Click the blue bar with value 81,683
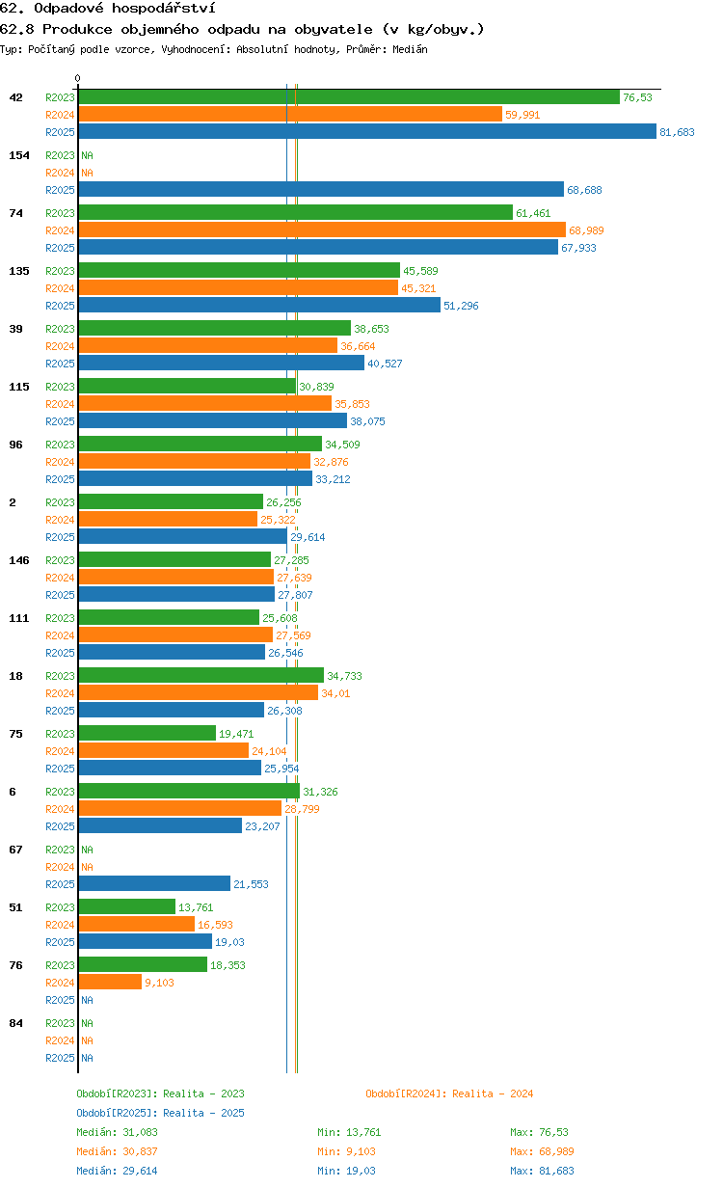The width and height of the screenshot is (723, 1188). [x=367, y=131]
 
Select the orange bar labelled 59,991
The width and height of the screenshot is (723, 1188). [x=290, y=114]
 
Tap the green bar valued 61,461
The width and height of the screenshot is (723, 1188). [x=295, y=213]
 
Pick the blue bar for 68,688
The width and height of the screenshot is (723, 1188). [x=321, y=189]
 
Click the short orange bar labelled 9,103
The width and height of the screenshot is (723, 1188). [x=110, y=983]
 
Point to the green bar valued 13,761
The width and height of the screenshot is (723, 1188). [x=126, y=906]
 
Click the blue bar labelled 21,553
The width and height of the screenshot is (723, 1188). [x=154, y=883]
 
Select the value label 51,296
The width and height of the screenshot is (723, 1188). [x=461, y=306]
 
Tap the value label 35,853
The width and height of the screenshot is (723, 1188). [x=352, y=404]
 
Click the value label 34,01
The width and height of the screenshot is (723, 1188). [x=335, y=693]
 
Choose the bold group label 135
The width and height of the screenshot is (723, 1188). [x=19, y=271]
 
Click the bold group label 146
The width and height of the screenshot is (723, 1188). [x=19, y=560]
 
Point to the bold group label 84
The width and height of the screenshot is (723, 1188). [x=15, y=1024]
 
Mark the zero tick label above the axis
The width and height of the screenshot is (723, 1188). [x=77, y=78]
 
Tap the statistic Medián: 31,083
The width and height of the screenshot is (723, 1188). [x=118, y=1133]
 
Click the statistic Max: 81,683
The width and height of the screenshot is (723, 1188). [x=542, y=1171]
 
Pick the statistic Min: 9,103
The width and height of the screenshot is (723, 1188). [x=346, y=1152]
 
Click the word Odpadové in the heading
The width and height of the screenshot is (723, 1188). [x=68, y=8]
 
